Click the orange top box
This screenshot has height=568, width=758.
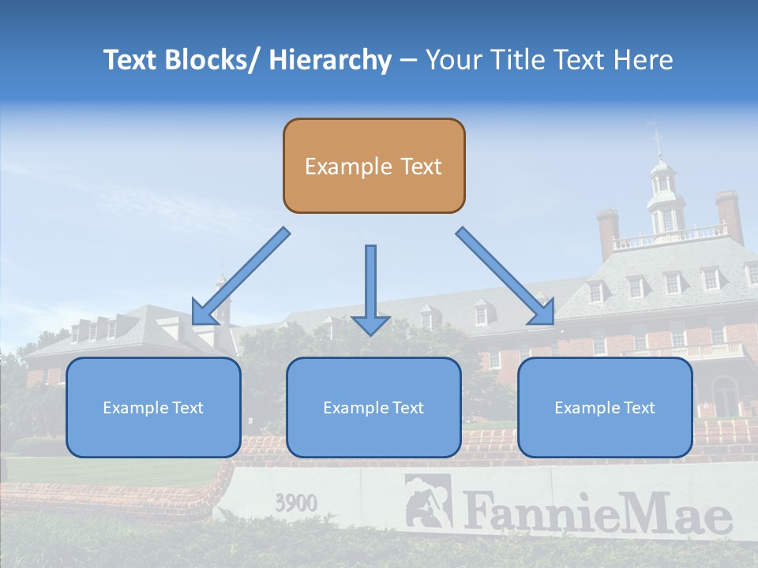point(373,166)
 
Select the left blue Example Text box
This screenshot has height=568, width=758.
point(153,407)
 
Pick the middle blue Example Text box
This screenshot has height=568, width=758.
point(373,407)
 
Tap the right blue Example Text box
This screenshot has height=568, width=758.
point(605,407)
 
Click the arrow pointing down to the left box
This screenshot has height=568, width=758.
point(240,277)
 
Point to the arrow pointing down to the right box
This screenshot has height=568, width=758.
point(506,277)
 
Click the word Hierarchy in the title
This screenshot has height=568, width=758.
point(330,61)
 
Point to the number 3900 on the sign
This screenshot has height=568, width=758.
point(296,503)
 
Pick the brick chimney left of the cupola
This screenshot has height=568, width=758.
point(607,233)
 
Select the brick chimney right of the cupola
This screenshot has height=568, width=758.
point(729,215)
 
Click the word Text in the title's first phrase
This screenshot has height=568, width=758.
point(129,60)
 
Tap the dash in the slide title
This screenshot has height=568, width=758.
point(408,61)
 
